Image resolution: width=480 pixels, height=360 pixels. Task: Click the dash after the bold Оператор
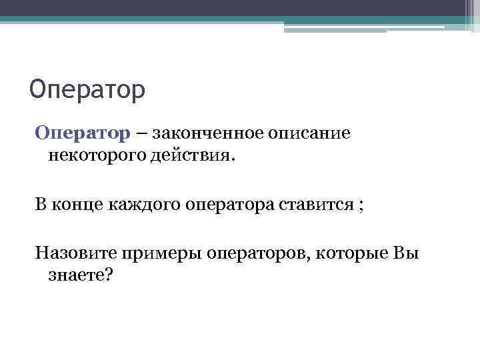(x=143, y=133)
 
